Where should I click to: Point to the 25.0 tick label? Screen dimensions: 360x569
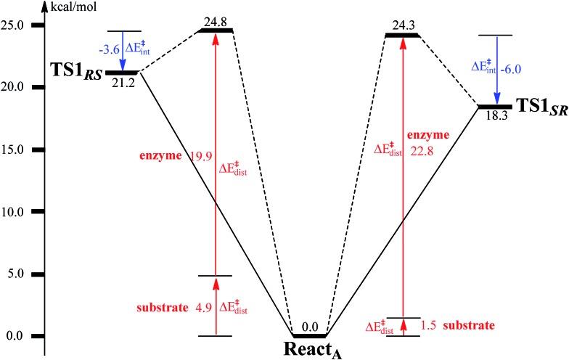(17, 25)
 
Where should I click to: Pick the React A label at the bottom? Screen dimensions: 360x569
(312, 349)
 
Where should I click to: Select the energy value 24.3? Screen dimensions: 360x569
(402, 22)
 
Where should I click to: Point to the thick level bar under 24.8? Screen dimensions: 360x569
(216, 31)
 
